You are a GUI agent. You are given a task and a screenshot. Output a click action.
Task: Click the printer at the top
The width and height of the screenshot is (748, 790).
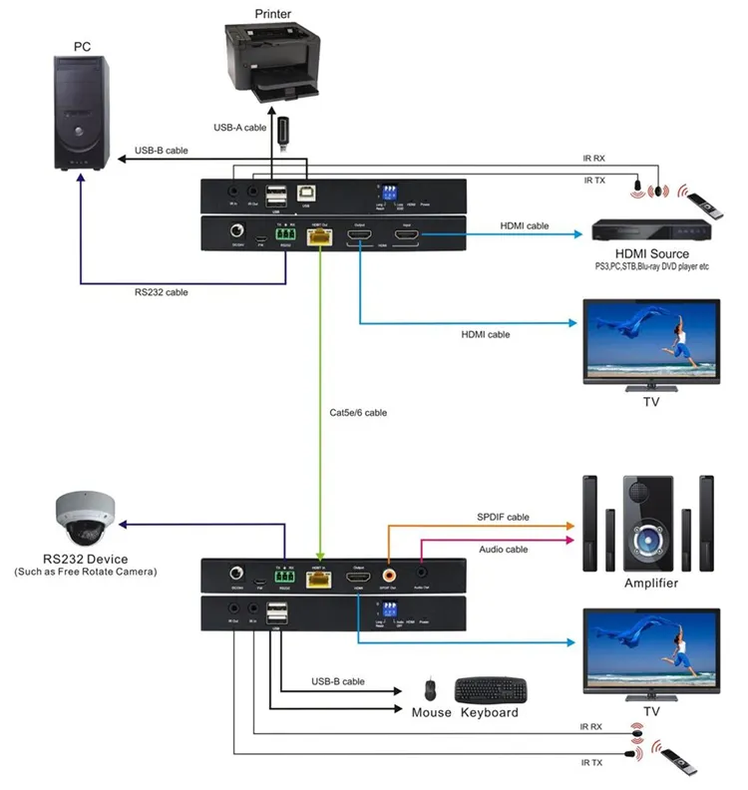pyautogui.click(x=272, y=65)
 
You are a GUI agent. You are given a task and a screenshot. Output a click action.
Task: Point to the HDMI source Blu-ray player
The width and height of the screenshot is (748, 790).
pyautogui.click(x=651, y=228)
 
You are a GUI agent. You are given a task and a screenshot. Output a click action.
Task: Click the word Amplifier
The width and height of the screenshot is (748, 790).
pyautogui.click(x=650, y=584)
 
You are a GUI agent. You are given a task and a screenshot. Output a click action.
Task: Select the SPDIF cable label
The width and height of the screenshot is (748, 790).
pyautogui.click(x=505, y=517)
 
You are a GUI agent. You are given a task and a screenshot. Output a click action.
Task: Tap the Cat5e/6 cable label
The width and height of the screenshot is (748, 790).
pyautogui.click(x=358, y=411)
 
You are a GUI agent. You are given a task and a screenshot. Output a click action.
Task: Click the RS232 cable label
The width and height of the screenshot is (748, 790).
pyautogui.click(x=163, y=292)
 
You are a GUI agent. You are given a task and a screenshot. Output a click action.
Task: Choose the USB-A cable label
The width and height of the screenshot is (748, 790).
pyautogui.click(x=240, y=128)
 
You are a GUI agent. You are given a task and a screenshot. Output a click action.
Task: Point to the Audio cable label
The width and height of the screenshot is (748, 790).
pyautogui.click(x=503, y=549)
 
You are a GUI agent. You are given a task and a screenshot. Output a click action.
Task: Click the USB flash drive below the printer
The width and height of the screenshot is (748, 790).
pyautogui.click(x=283, y=133)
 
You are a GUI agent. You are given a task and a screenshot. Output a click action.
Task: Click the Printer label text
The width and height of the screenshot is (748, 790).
pyautogui.click(x=272, y=14)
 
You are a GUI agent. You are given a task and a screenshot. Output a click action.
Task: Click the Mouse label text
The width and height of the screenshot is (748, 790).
pyautogui.click(x=432, y=712)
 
